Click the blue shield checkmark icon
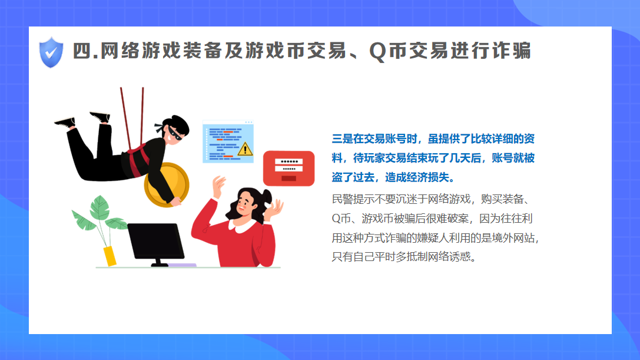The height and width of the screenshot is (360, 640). (x=51, y=52)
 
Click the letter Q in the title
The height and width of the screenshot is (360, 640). (x=377, y=52)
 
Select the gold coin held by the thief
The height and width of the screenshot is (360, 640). (x=167, y=184)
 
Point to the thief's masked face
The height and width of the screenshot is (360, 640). (x=174, y=133)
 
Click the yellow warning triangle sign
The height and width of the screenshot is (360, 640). (x=245, y=148)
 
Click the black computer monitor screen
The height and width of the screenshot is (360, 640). (x=155, y=241)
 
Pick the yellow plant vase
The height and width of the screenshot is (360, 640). (x=110, y=256)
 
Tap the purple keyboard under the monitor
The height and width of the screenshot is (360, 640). (x=182, y=265)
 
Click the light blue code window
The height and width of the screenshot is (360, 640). (x=228, y=142)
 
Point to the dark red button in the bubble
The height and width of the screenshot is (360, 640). (x=289, y=179)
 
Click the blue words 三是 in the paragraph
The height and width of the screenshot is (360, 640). (x=342, y=139)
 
